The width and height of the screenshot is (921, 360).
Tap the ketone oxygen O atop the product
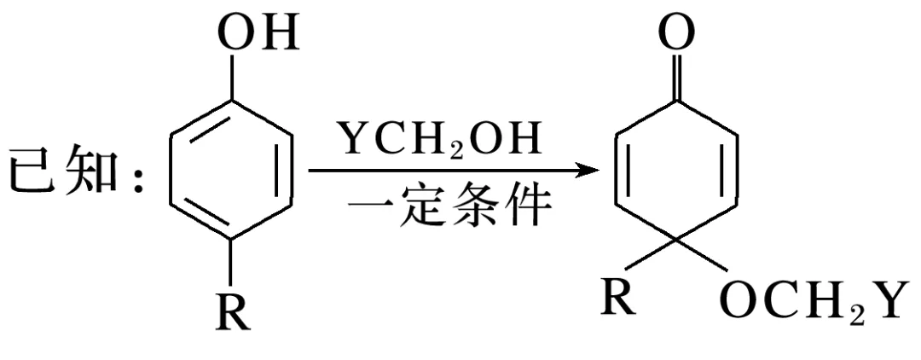[x=676, y=34]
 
